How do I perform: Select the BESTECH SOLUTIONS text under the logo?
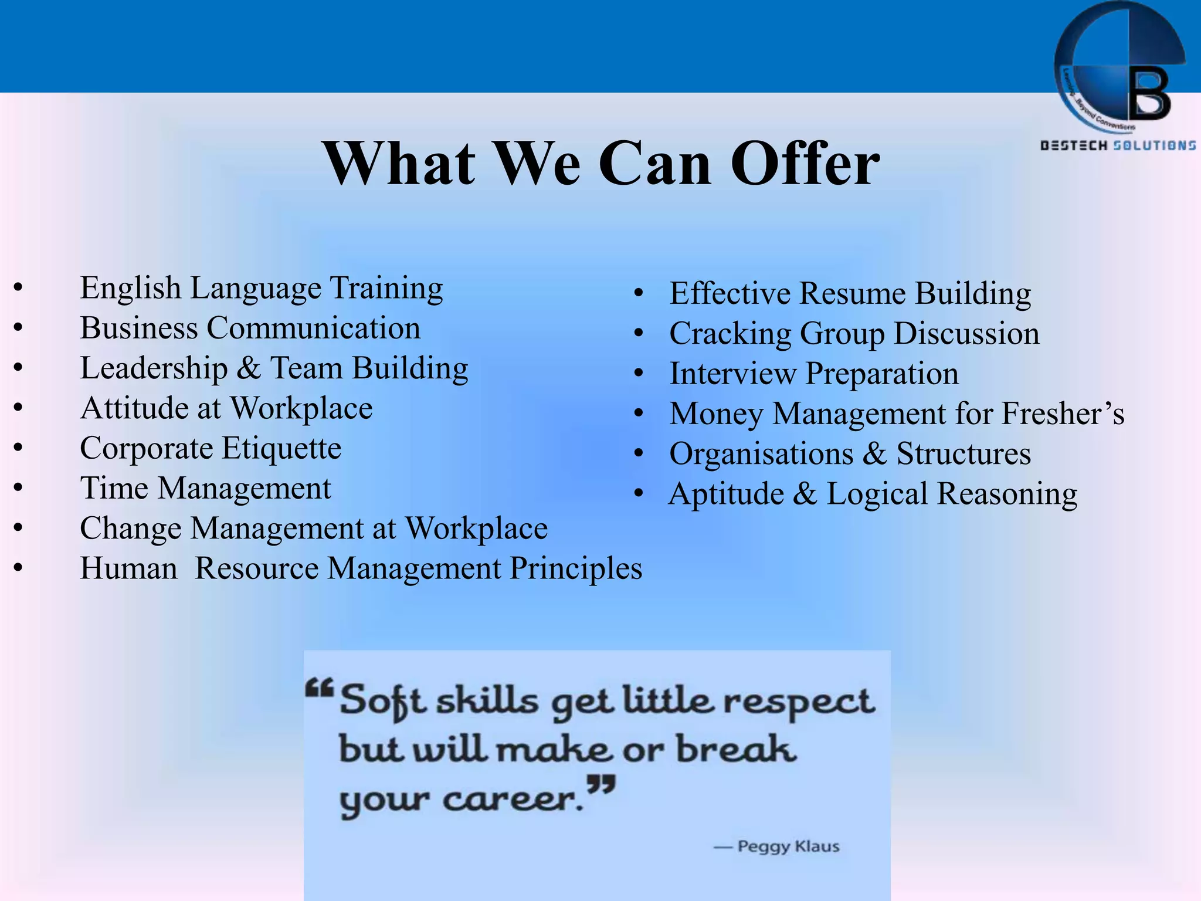1118,145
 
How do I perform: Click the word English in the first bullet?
130,288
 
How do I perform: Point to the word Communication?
313,328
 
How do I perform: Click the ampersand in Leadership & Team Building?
249,368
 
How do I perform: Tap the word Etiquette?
281,449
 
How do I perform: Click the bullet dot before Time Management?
19,489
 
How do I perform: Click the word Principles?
576,568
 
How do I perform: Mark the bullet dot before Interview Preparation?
639,374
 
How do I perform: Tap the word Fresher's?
1063,414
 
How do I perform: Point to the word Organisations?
761,454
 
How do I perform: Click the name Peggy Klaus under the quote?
788,846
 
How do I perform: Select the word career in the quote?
513,799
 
